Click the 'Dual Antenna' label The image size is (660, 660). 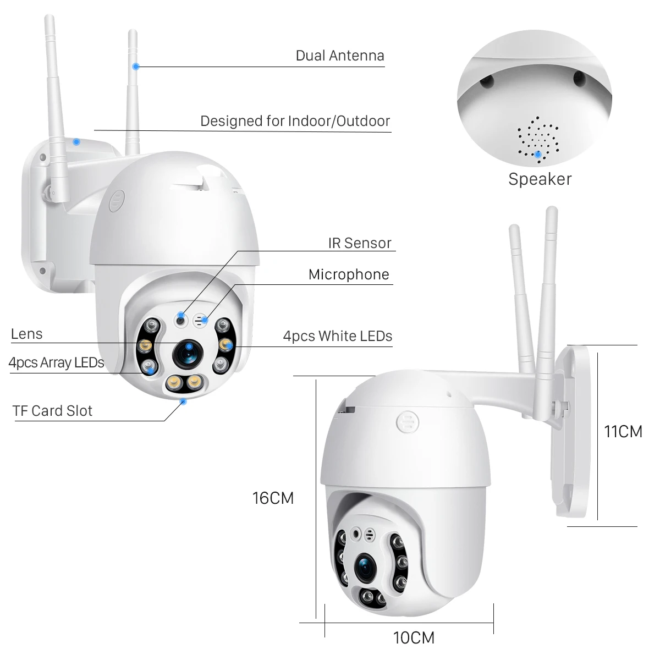(339, 56)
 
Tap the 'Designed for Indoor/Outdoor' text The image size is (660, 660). (295, 121)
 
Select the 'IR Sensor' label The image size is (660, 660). (360, 243)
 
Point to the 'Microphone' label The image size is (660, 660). (349, 274)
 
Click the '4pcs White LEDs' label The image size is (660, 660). (337, 336)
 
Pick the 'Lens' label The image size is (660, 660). (26, 334)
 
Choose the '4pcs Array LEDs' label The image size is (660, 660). (56, 362)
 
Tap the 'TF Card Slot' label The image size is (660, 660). (52, 411)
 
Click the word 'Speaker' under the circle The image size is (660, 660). (540, 179)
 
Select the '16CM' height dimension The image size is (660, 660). (273, 498)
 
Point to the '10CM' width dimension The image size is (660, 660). (414, 637)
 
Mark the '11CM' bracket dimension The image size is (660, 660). (623, 432)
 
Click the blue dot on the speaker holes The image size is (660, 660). (537, 154)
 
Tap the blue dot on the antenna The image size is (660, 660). (136, 67)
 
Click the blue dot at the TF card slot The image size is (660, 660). (184, 402)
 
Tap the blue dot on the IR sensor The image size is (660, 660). (180, 314)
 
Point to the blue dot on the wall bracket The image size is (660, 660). (76, 141)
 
